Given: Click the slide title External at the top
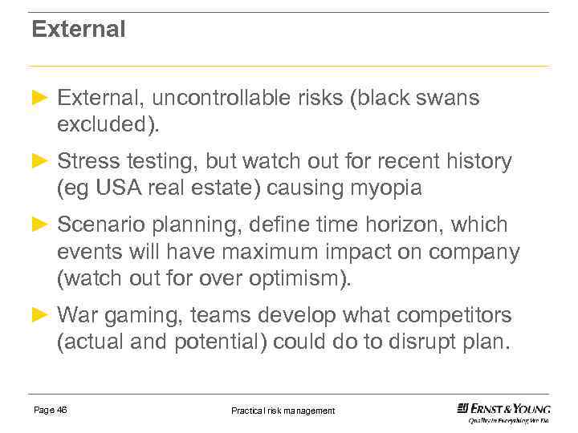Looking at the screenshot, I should coord(79,30).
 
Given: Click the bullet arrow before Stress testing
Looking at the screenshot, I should coord(40,161).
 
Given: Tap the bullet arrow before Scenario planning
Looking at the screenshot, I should coord(40,224).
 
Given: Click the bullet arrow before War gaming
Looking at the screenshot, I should coord(40,314).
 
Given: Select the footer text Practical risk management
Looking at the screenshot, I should coord(283,411).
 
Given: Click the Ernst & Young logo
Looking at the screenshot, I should coord(503,411).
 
